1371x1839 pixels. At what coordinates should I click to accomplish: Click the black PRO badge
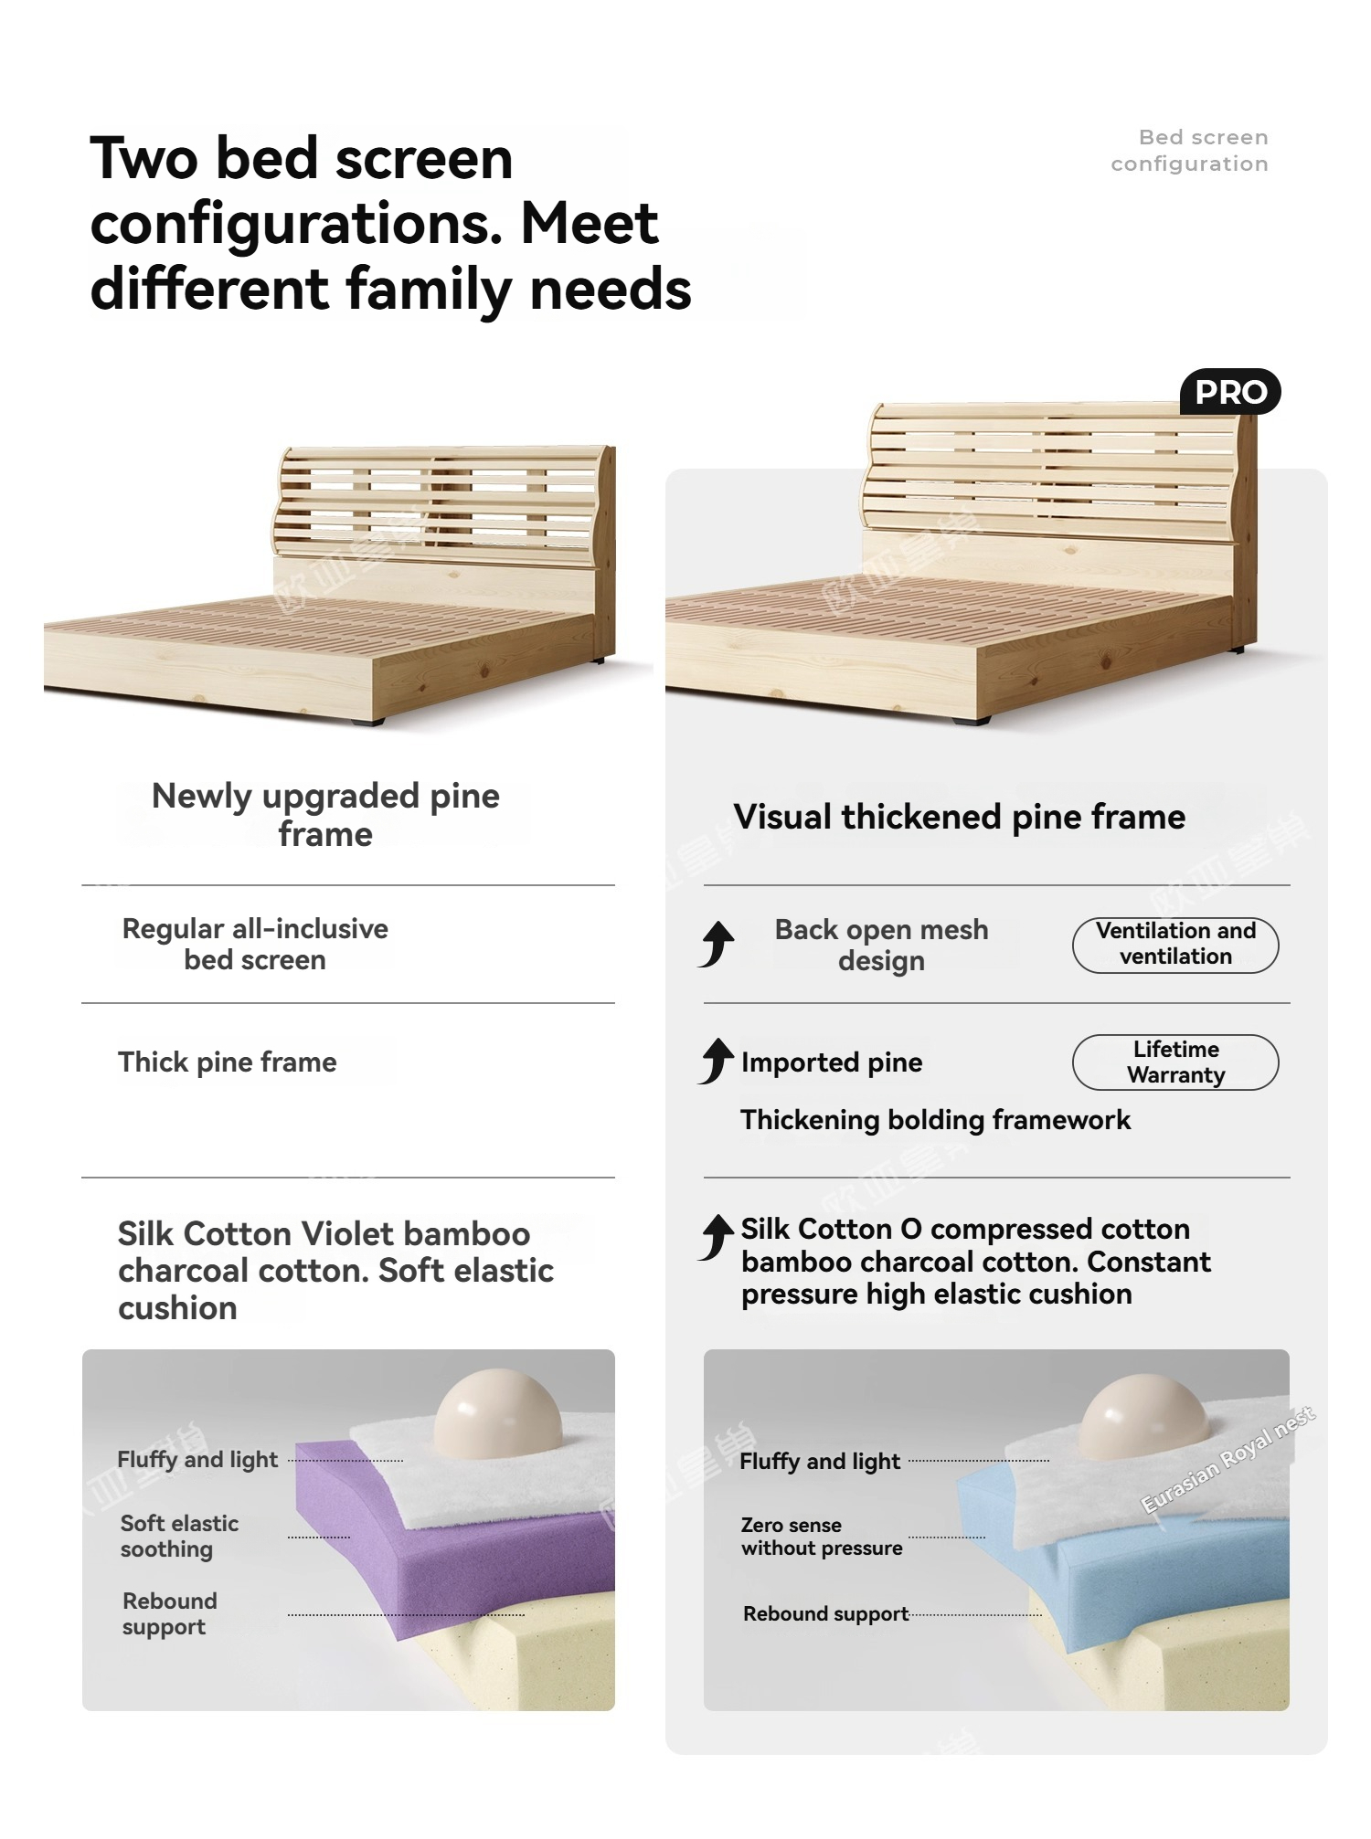[1230, 392]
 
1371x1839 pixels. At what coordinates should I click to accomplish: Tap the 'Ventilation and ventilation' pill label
[1175, 945]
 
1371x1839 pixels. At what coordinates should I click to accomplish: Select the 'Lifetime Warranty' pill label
[1175, 1062]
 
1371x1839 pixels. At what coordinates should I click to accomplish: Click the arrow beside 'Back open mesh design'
[717, 944]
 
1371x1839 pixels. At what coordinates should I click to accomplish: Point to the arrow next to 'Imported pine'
[717, 1061]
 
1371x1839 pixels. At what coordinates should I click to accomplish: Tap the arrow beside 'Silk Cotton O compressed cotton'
[717, 1237]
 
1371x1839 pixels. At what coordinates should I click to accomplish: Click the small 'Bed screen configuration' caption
[1189, 151]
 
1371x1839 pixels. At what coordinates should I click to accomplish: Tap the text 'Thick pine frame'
[228, 1062]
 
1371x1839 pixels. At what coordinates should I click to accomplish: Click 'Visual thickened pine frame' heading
[960, 817]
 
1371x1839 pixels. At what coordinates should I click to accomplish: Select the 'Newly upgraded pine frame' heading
[325, 815]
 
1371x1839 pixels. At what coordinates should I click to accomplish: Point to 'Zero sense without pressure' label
[822, 1537]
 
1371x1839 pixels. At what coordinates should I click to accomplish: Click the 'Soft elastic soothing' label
[179, 1537]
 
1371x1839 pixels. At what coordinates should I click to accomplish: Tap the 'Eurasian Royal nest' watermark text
[1229, 1460]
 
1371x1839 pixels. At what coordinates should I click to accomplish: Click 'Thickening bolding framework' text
[936, 1120]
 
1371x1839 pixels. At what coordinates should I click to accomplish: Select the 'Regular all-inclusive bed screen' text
[255, 945]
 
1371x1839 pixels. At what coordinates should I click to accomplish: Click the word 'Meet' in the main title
[590, 224]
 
